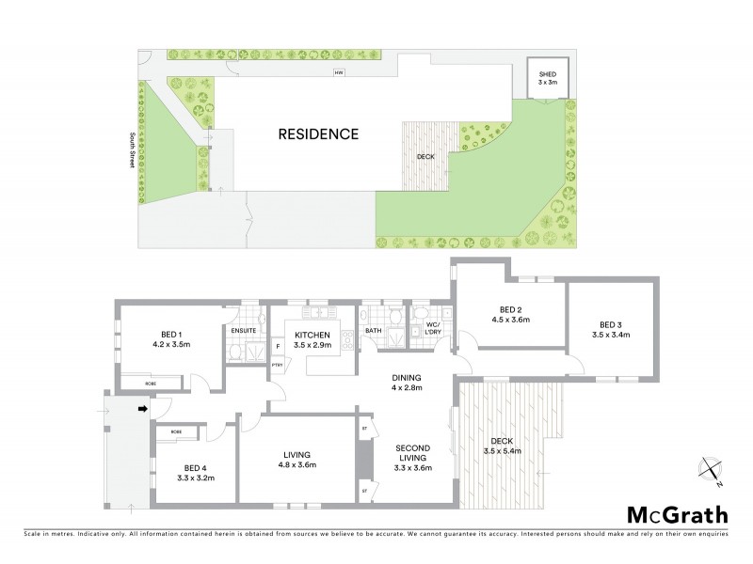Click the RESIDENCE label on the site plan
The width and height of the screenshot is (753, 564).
[x=318, y=134]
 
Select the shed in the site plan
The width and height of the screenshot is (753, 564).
[x=547, y=77]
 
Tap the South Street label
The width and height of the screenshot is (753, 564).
[x=132, y=149]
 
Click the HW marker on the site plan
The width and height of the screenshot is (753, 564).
[x=336, y=72]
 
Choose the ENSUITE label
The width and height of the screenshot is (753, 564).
[x=244, y=331]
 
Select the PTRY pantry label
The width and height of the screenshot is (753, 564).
[x=278, y=365]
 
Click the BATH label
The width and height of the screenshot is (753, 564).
[x=374, y=331]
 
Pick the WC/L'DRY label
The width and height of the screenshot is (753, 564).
[x=433, y=330]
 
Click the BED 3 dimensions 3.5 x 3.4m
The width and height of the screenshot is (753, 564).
[x=611, y=333]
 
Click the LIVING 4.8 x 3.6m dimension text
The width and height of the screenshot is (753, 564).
[x=296, y=464]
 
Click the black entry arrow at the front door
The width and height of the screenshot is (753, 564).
[x=143, y=409]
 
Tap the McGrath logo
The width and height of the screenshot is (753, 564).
[x=677, y=514]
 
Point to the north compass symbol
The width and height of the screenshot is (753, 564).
[x=709, y=468]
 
